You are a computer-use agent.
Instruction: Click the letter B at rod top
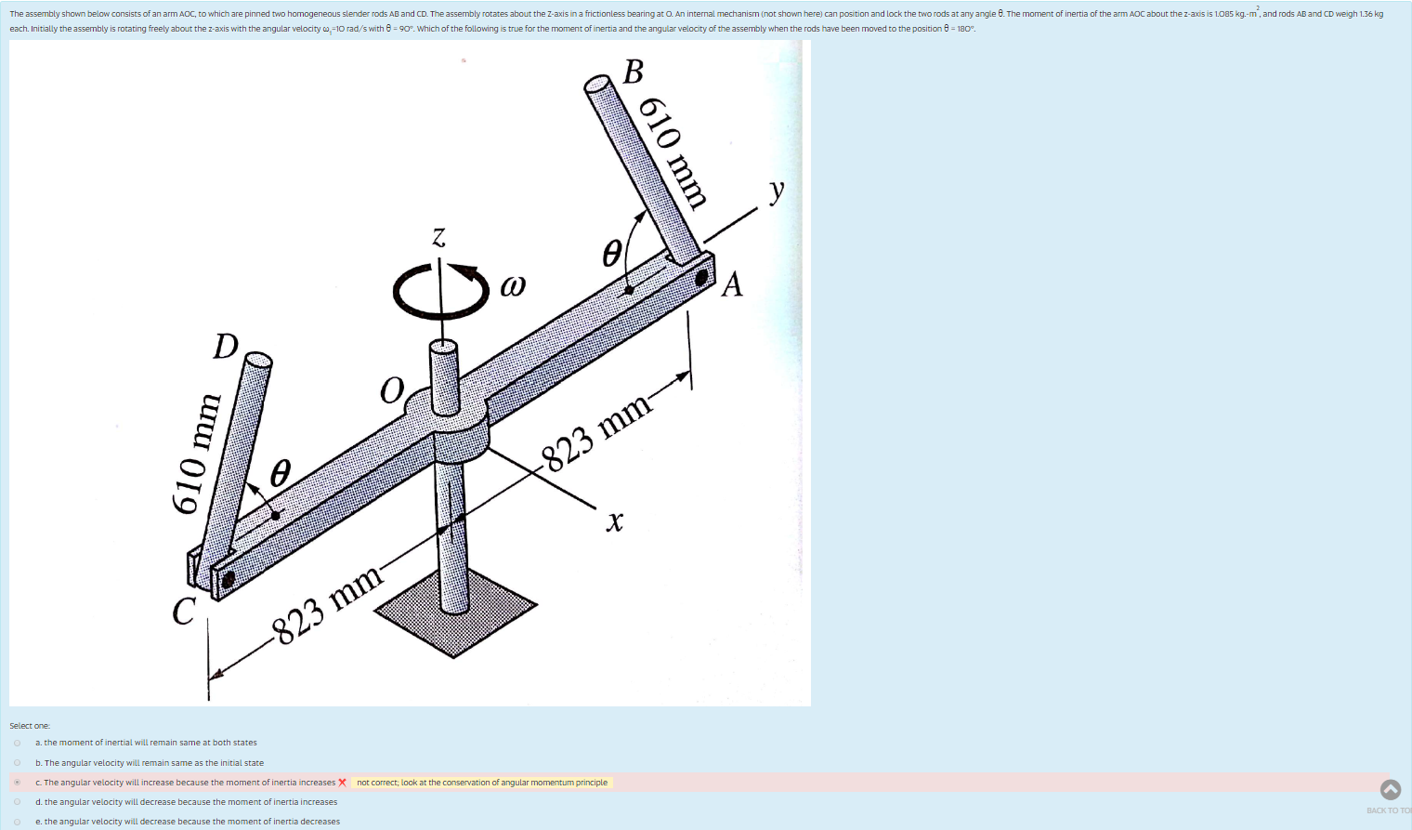click(634, 72)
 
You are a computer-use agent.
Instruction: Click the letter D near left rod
click(226, 346)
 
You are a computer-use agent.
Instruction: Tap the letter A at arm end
click(732, 284)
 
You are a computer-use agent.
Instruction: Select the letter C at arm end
click(184, 611)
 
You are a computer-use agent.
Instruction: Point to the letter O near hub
click(392, 390)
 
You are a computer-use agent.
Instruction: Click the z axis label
click(438, 237)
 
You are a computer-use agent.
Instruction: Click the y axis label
click(777, 191)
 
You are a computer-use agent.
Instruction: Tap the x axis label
click(614, 521)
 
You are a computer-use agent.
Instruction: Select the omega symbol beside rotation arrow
click(513, 284)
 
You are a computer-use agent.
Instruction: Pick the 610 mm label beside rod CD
click(197, 454)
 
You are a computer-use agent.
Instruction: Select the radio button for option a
click(17, 743)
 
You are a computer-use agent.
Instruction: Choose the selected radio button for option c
click(17, 783)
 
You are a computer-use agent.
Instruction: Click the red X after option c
click(343, 783)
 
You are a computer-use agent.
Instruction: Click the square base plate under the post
click(455, 613)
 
